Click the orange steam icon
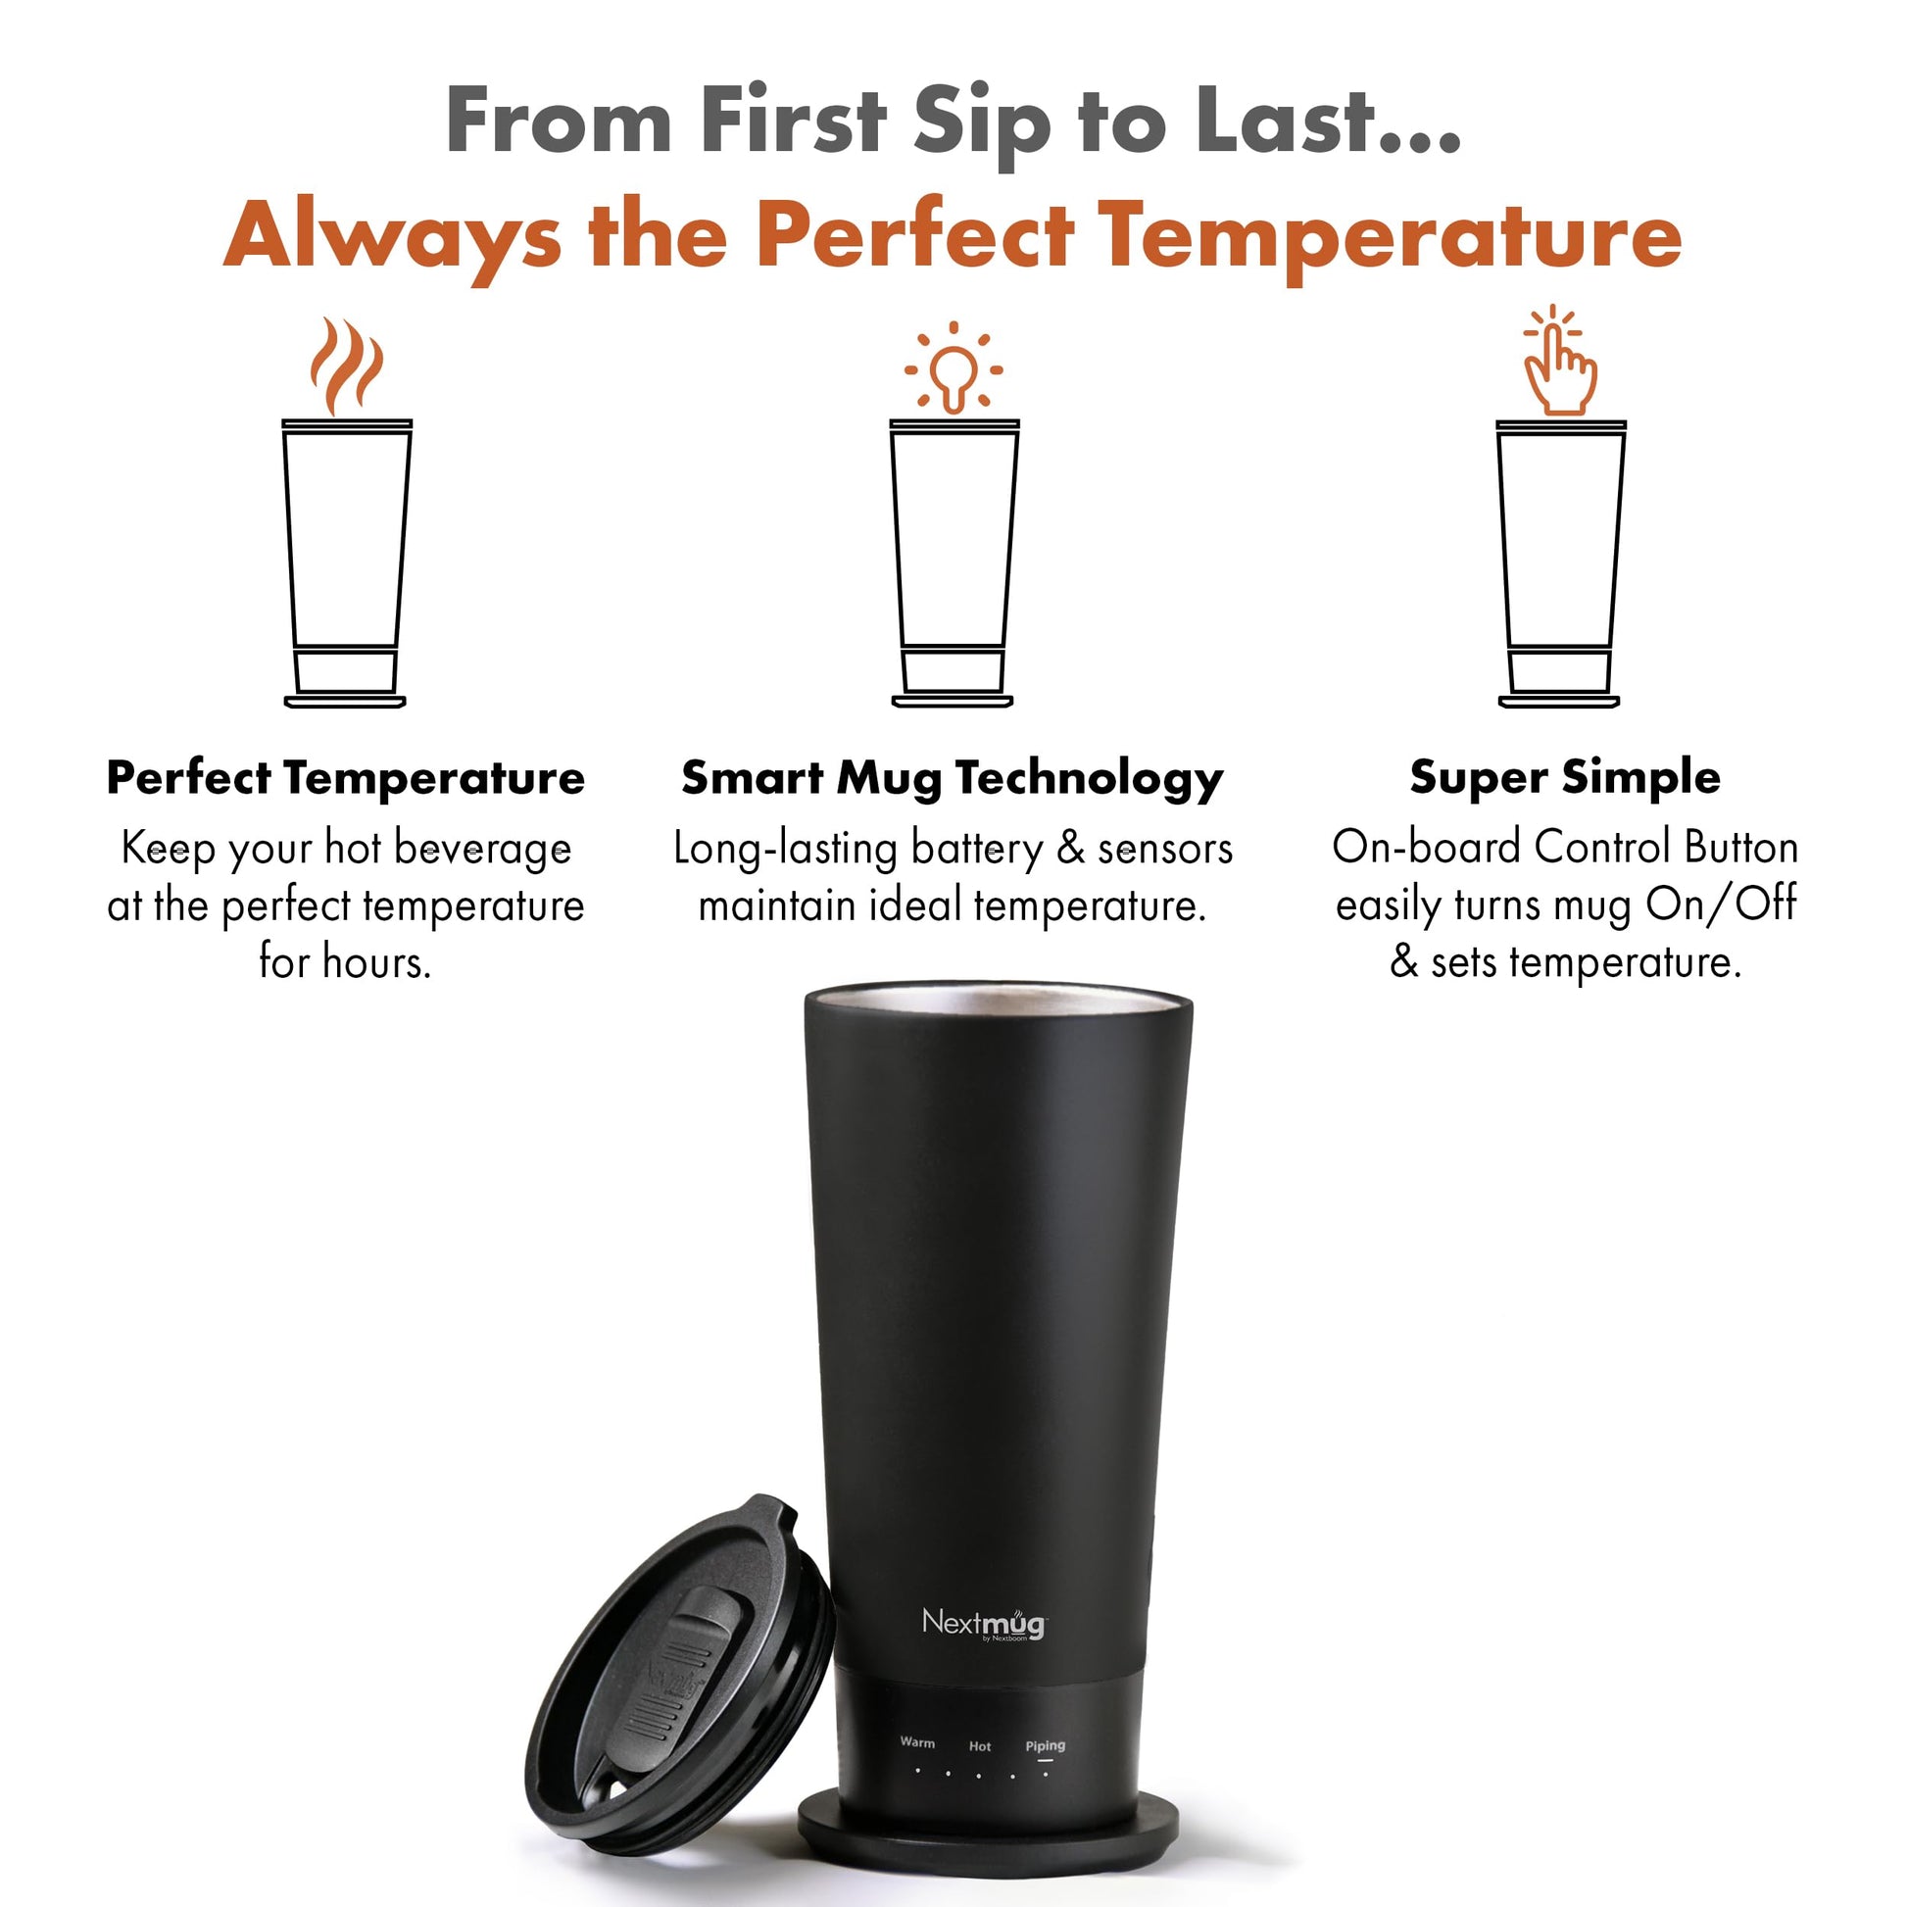346,367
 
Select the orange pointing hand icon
1558,361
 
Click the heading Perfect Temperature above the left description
346,778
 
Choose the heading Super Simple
1564,779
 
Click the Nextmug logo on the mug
983,1456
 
